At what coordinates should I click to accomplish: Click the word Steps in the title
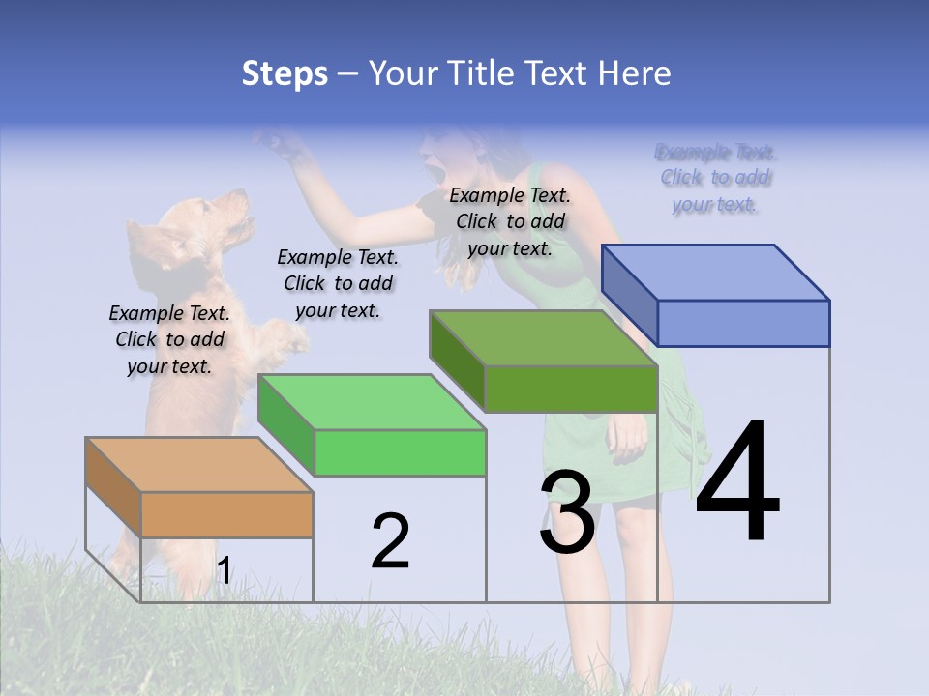coord(285,73)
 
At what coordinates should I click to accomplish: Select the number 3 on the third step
coord(567,512)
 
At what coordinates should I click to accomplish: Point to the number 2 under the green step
coord(390,541)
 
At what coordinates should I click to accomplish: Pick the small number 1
coord(224,571)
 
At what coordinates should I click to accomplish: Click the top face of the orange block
coord(199,465)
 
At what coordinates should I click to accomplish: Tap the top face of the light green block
coord(372,402)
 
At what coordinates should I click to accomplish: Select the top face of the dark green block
coord(544,338)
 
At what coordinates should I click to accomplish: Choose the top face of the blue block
coord(716,273)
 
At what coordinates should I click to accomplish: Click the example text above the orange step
coord(169,339)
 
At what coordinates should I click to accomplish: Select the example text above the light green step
coord(338,283)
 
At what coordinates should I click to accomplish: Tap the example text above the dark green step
coord(510,221)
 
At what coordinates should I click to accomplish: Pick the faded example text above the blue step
coord(716,178)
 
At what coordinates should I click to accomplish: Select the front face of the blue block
coord(743,323)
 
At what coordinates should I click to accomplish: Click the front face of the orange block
coord(226,514)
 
